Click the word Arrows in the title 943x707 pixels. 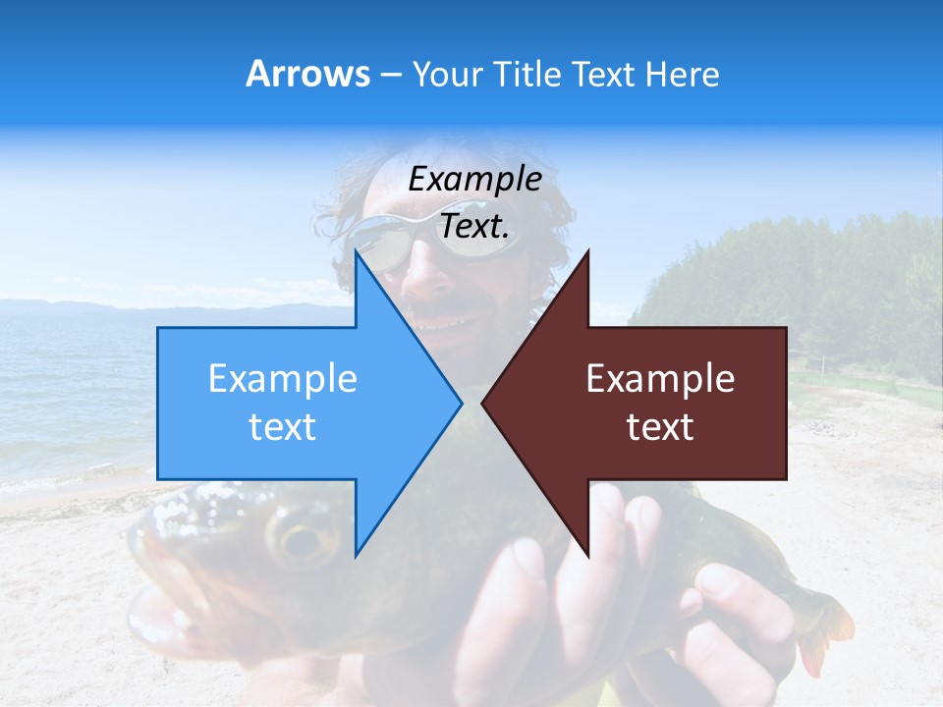[x=308, y=74]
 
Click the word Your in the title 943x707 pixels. [x=447, y=74]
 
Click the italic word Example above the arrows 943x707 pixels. [x=474, y=180]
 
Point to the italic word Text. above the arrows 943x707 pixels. [x=474, y=226]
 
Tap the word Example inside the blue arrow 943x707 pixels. [x=283, y=379]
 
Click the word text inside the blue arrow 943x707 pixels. [x=283, y=427]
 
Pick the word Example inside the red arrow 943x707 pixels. [x=660, y=379]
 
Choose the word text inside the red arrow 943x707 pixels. [x=660, y=427]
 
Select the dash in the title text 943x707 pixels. [x=390, y=75]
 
